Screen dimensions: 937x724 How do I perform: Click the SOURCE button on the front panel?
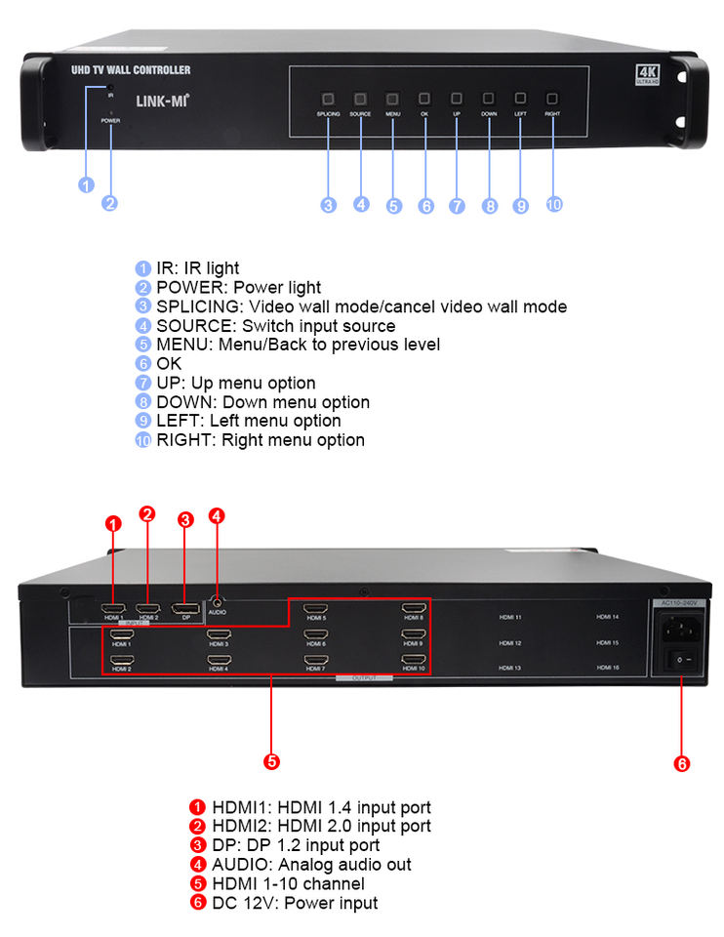360,99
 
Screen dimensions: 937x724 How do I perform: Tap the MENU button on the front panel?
392,99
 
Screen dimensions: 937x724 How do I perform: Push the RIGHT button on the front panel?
552,99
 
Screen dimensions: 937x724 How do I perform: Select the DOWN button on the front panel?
489,99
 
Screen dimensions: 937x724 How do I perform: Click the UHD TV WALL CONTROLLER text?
131,70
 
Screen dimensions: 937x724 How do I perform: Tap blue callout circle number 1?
86,185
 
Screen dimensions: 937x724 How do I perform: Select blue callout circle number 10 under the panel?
554,205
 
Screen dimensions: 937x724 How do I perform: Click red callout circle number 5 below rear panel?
272,760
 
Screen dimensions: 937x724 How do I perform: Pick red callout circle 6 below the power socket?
682,763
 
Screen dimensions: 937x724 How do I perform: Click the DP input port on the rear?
184,611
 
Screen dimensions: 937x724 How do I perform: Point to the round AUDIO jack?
216,604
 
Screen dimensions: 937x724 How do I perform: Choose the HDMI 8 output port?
414,609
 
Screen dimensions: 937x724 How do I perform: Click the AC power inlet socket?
675,630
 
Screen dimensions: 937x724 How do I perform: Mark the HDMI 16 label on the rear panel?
608,668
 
